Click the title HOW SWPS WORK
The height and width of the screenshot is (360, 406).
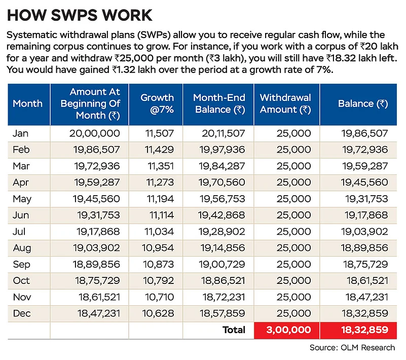coord(80,15)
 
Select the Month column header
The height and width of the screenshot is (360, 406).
coord(27,103)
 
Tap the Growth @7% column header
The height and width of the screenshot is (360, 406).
coord(157,103)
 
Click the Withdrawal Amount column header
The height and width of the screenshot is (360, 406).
coord(285,103)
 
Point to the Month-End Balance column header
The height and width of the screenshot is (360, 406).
coord(219,103)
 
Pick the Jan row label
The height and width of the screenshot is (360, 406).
coord(20,133)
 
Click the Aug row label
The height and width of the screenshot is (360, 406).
coord(22,248)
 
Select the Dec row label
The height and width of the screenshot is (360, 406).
coord(22,313)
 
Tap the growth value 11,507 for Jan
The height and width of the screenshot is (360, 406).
coord(160,133)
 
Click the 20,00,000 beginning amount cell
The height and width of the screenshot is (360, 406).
coord(94,133)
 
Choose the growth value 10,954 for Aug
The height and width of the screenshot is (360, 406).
coord(158,248)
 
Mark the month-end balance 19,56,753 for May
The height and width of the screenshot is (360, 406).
coord(222,199)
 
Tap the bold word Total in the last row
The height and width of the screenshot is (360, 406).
coord(234,330)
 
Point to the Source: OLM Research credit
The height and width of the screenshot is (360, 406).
coord(352,347)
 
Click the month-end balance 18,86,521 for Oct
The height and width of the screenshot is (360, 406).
coord(223,281)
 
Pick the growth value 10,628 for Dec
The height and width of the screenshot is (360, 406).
coord(158,313)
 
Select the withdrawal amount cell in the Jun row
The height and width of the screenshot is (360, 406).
coord(293,215)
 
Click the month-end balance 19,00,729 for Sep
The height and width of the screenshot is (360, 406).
coord(222,265)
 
